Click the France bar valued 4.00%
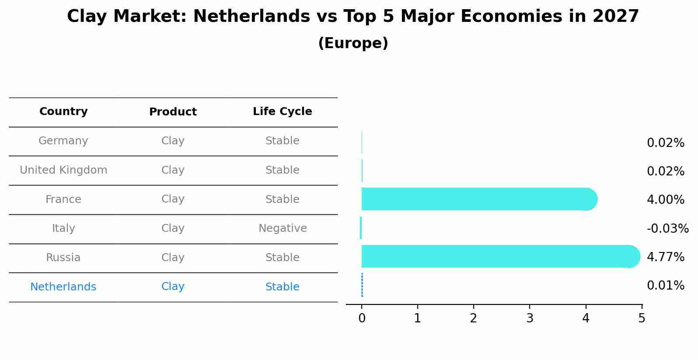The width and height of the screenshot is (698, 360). point(479,199)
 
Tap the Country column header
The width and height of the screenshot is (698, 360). point(63,112)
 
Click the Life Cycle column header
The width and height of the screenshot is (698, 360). point(282,112)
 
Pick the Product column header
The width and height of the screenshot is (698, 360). point(173,112)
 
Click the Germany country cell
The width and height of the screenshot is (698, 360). point(63,141)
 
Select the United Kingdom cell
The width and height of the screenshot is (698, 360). point(63,170)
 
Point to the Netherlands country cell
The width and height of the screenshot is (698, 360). point(63,287)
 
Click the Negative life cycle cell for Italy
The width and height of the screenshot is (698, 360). point(283,228)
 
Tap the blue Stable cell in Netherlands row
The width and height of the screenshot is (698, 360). point(282,287)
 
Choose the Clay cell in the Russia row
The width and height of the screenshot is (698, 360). point(173,258)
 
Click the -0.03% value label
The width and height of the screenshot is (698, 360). point(667,228)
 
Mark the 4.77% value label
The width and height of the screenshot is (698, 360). point(665,257)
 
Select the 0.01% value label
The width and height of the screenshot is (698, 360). point(665,286)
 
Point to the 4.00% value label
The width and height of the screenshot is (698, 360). point(665,200)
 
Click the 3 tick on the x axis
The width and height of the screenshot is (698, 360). point(530,318)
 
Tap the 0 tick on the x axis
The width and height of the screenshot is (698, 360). point(362,318)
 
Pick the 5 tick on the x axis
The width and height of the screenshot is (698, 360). point(642,318)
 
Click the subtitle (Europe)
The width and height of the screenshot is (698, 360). point(353,43)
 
